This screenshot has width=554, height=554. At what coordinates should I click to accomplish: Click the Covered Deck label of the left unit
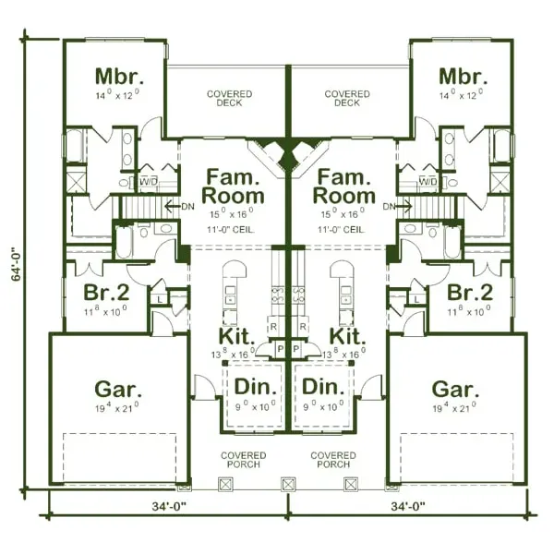coord(230,99)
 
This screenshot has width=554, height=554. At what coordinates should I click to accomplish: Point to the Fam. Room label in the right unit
coord(343,186)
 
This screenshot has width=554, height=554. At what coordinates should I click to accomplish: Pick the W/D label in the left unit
coord(148,182)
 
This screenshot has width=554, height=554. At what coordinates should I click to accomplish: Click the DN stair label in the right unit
coord(389,206)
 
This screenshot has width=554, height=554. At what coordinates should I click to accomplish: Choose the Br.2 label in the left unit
coord(104,293)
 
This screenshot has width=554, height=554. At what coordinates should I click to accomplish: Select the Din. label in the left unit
coord(251,387)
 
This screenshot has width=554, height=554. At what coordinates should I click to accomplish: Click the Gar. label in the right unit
coord(455,388)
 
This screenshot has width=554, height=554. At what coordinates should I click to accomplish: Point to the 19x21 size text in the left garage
coord(117,407)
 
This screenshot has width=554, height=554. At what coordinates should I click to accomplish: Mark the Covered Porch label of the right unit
coord(333,460)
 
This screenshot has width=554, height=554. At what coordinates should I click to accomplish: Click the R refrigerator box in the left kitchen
coord(274,327)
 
